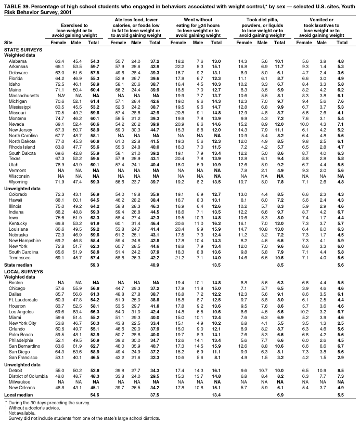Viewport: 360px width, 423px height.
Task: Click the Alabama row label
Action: point(15,61)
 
